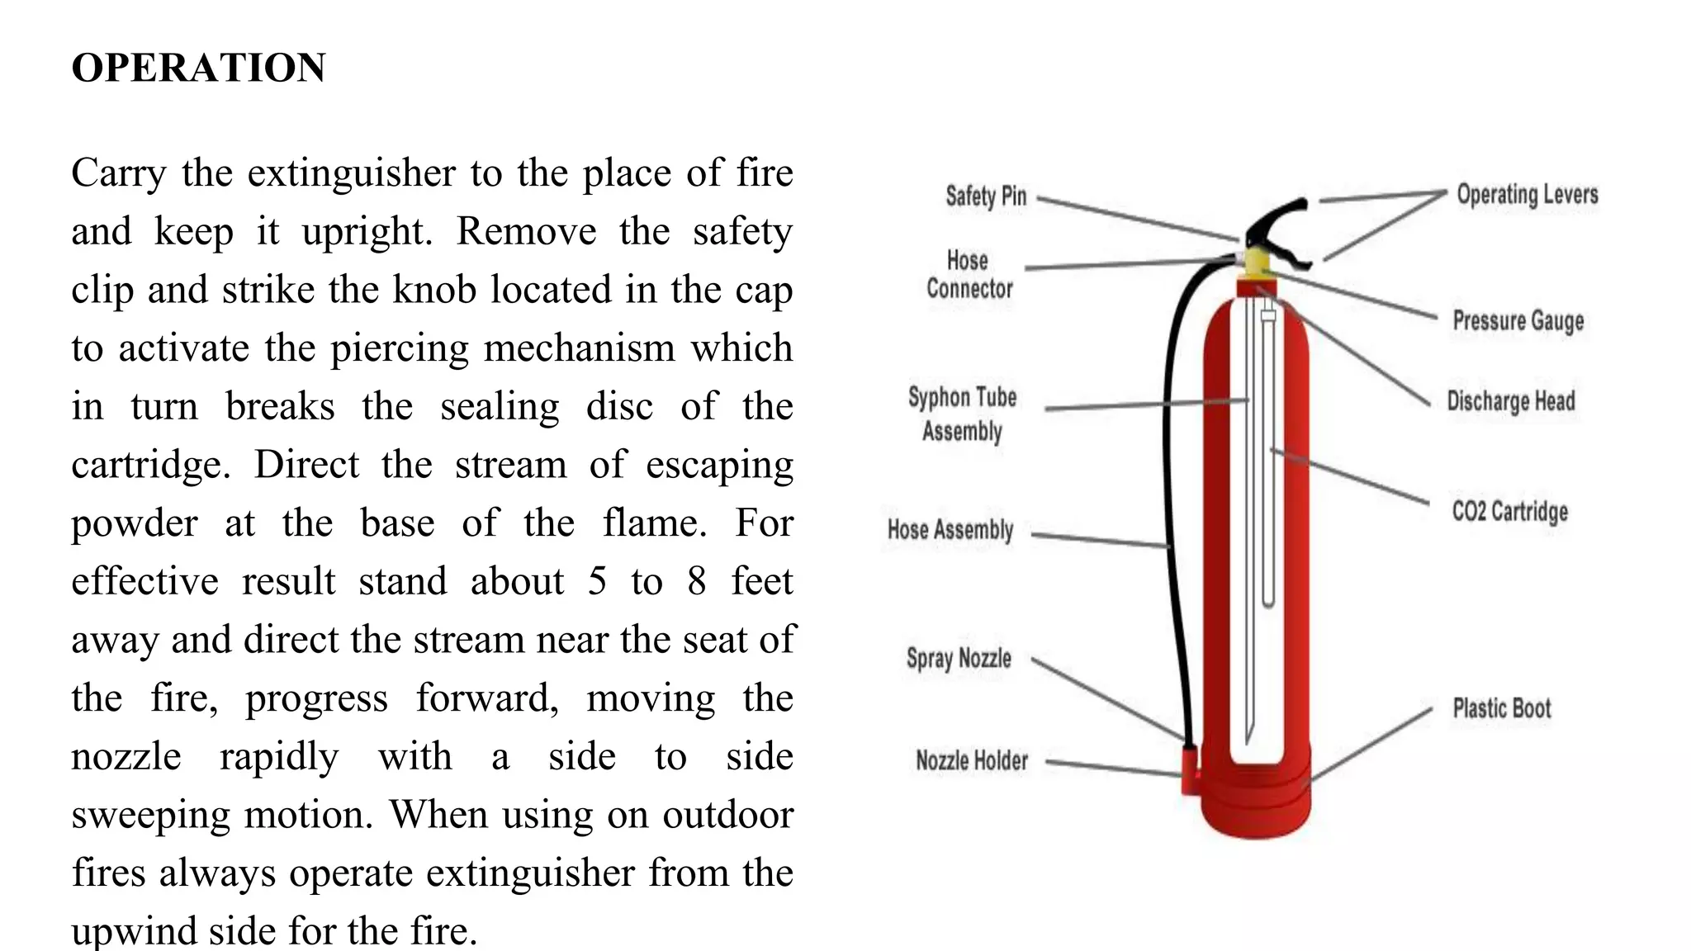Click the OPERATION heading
pyautogui.click(x=199, y=68)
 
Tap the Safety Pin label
pyautogui.click(x=986, y=196)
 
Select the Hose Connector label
pyautogui.click(x=969, y=275)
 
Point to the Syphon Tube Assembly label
pyautogui.click(x=963, y=414)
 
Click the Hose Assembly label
pyautogui.click(x=950, y=529)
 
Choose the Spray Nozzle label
pyautogui.click(x=959, y=658)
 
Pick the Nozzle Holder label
pyautogui.click(x=972, y=760)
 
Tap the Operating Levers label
pyautogui.click(x=1528, y=195)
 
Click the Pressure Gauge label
pyautogui.click(x=1518, y=320)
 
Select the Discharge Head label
pyautogui.click(x=1511, y=401)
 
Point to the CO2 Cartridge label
pyautogui.click(x=1510, y=512)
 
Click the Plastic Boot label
pyautogui.click(x=1502, y=708)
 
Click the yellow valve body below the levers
pyautogui.click(x=1256, y=263)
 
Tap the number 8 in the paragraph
pyautogui.click(x=697, y=581)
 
